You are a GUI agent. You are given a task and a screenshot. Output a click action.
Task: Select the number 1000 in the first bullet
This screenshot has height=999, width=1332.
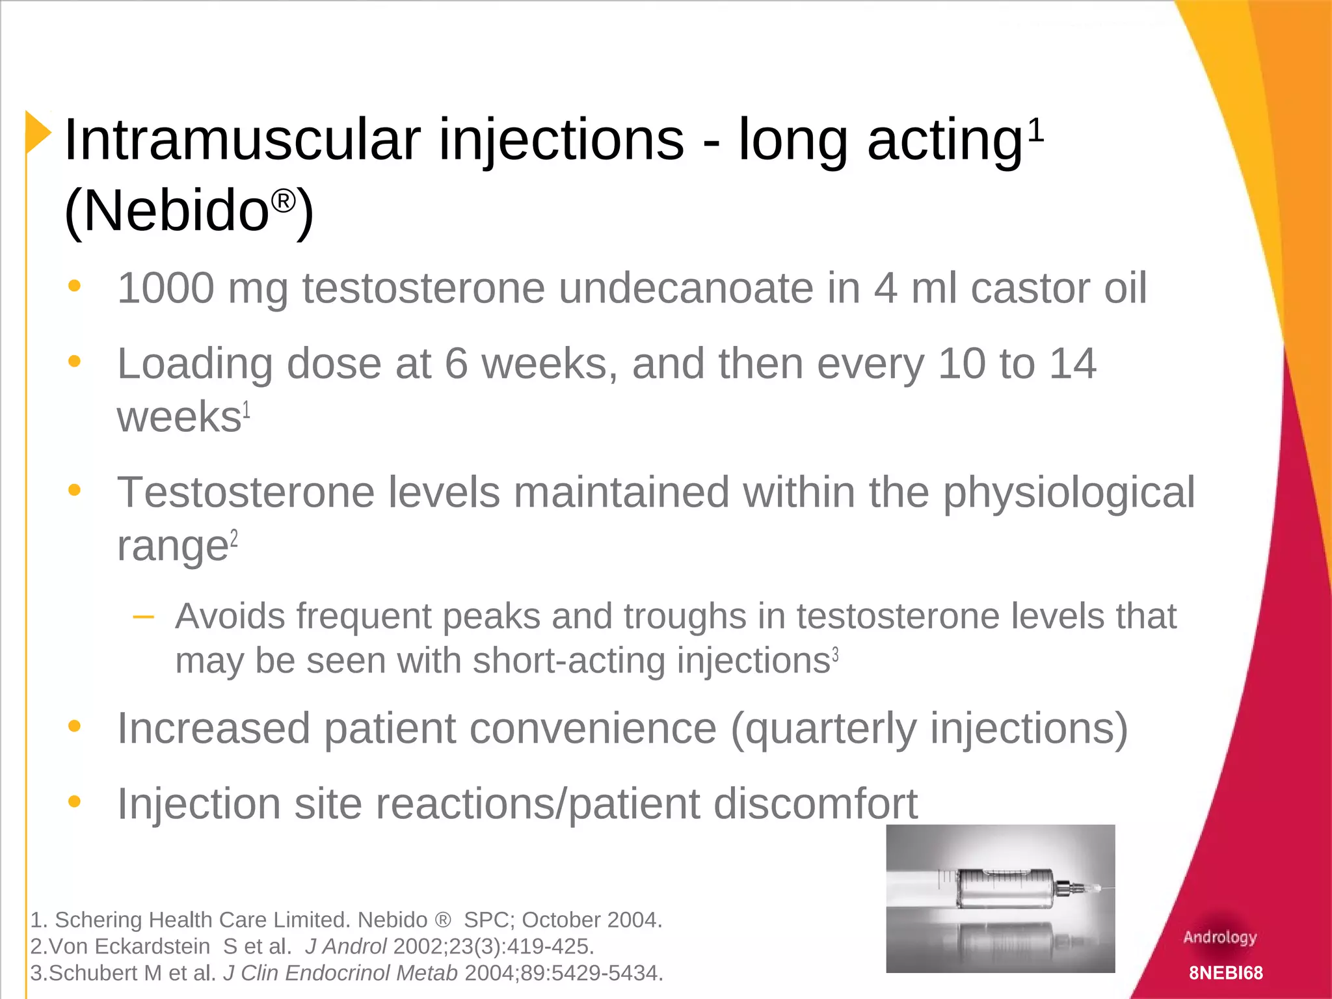click(166, 288)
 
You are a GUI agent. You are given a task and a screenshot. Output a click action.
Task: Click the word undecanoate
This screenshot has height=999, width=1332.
click(686, 288)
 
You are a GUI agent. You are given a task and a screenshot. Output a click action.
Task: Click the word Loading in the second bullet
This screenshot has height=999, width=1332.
click(194, 364)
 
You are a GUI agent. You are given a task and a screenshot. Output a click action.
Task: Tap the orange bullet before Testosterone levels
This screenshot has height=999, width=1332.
click(75, 490)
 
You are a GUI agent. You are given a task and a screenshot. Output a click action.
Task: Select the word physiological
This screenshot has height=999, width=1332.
click(1069, 493)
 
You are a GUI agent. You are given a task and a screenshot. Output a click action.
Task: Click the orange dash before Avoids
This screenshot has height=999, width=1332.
click(143, 617)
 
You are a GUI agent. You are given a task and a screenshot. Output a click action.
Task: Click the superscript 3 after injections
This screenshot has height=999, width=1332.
click(836, 654)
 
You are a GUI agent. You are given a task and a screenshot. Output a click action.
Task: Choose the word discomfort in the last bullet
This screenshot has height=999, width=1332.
click(815, 804)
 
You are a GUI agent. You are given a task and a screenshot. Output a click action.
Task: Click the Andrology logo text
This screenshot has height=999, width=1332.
click(1220, 937)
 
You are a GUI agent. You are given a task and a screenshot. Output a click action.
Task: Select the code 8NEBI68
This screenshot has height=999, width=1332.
click(1225, 973)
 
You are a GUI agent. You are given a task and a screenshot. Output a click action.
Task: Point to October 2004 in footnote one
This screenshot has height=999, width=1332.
click(591, 920)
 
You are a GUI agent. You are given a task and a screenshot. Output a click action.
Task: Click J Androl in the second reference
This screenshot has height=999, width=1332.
click(345, 946)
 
